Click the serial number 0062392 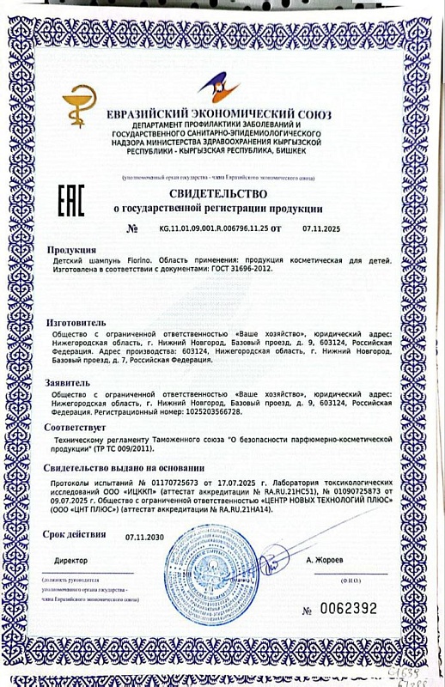point(347,609)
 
